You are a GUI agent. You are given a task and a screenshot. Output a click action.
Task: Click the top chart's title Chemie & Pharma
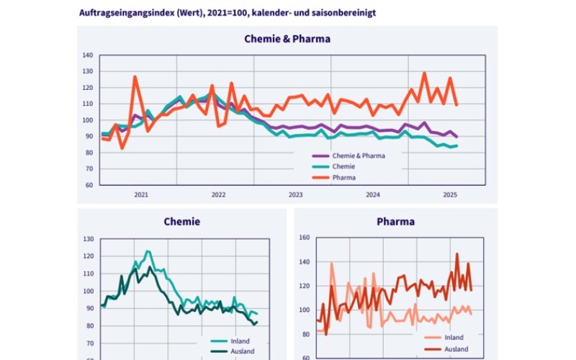pos(287,39)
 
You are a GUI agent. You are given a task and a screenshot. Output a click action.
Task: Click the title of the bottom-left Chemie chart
pos(181,222)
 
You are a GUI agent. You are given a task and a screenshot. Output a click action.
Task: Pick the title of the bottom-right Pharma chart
pos(395,222)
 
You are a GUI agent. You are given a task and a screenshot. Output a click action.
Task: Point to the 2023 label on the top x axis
pos(295,194)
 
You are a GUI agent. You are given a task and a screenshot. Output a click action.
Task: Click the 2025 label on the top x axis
pos(450,194)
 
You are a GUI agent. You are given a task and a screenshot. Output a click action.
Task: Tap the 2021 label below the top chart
pos(141,194)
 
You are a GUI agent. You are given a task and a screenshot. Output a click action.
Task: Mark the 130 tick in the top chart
pos(88,71)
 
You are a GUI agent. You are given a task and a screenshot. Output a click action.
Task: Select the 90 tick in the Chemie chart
pos(89,309)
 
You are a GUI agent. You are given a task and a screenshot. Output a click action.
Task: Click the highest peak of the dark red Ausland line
pos(456,253)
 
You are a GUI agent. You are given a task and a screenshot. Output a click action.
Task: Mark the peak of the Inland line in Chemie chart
pos(148,251)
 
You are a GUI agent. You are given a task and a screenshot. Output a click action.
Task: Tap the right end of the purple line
pos(457,137)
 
